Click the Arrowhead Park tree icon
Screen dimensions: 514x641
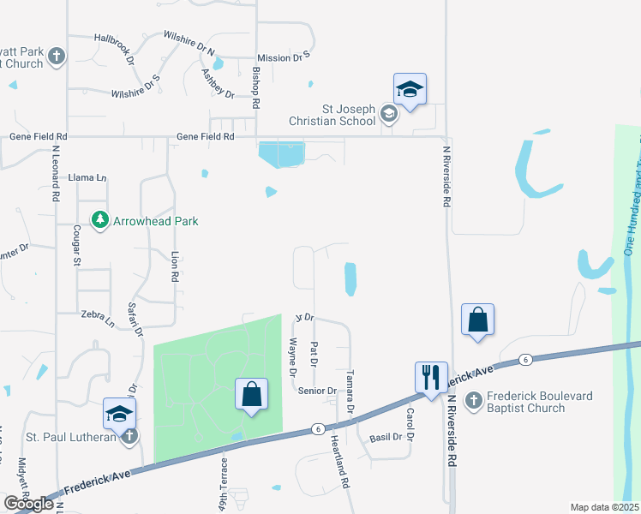pyautogui.click(x=100, y=220)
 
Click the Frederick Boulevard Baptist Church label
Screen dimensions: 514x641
pyautogui.click(x=526, y=402)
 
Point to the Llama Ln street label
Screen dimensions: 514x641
pyautogui.click(x=88, y=177)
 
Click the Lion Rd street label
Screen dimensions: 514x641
pyautogui.click(x=174, y=267)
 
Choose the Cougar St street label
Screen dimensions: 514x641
pyautogui.click(x=76, y=244)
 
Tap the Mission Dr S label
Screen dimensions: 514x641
pyautogui.click(x=283, y=57)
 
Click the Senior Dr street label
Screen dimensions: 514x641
pyautogui.click(x=317, y=391)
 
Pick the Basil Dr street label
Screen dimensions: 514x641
pyautogui.click(x=386, y=437)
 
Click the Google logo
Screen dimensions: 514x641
pyautogui.click(x=28, y=504)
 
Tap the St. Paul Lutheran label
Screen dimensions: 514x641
pyautogui.click(x=58, y=438)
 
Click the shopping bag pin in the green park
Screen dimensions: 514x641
pyautogui.click(x=251, y=395)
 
